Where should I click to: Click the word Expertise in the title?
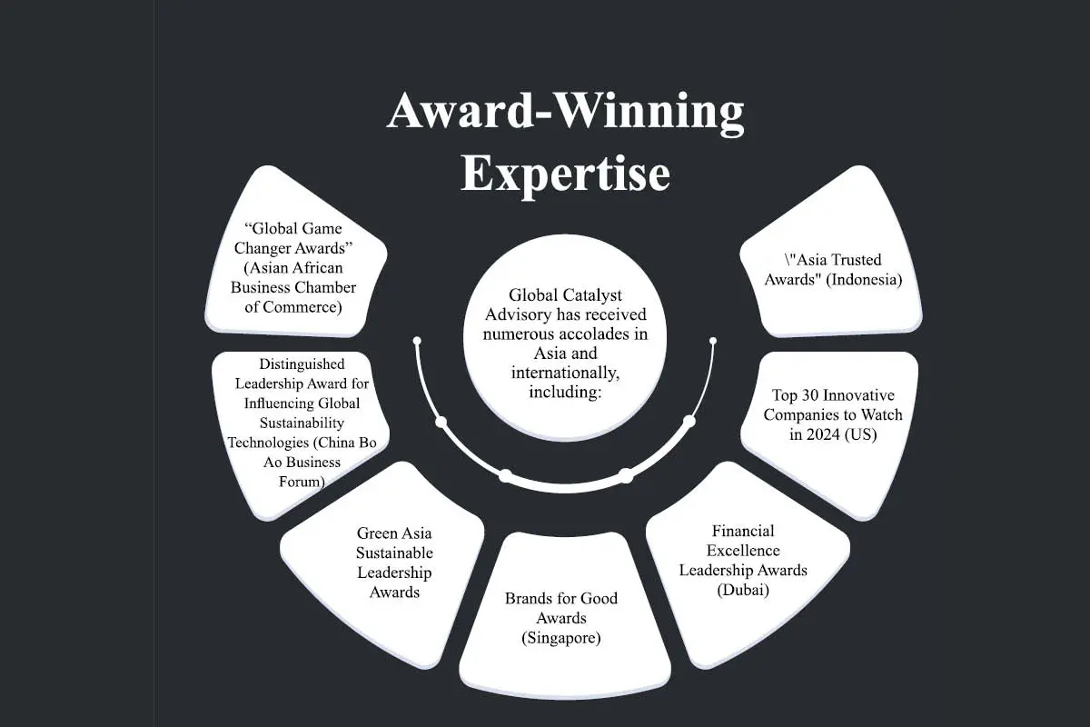tap(565, 175)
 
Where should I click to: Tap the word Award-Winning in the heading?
tap(565, 112)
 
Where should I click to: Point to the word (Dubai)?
tap(743, 590)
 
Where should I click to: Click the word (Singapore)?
tap(561, 637)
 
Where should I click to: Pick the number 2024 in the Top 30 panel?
tap(822, 433)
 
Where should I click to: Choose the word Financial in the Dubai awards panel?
tap(743, 531)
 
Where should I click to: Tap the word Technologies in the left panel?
tap(268, 443)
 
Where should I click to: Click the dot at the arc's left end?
tap(417, 341)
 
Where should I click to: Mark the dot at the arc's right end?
tap(713, 341)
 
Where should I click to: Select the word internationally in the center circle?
tap(565, 373)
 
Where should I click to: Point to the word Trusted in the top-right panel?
tap(857, 260)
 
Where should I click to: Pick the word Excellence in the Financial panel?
tap(743, 550)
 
